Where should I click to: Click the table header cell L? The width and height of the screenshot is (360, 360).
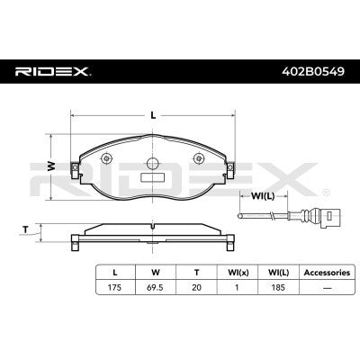[115, 270]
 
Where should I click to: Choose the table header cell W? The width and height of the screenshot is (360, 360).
[156, 270]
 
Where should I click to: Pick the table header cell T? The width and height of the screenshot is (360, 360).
[196, 270]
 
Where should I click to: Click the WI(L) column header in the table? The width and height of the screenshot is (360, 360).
[278, 270]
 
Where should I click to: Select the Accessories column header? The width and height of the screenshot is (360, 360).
[323, 270]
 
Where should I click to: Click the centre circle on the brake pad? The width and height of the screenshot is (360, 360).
[153, 166]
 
